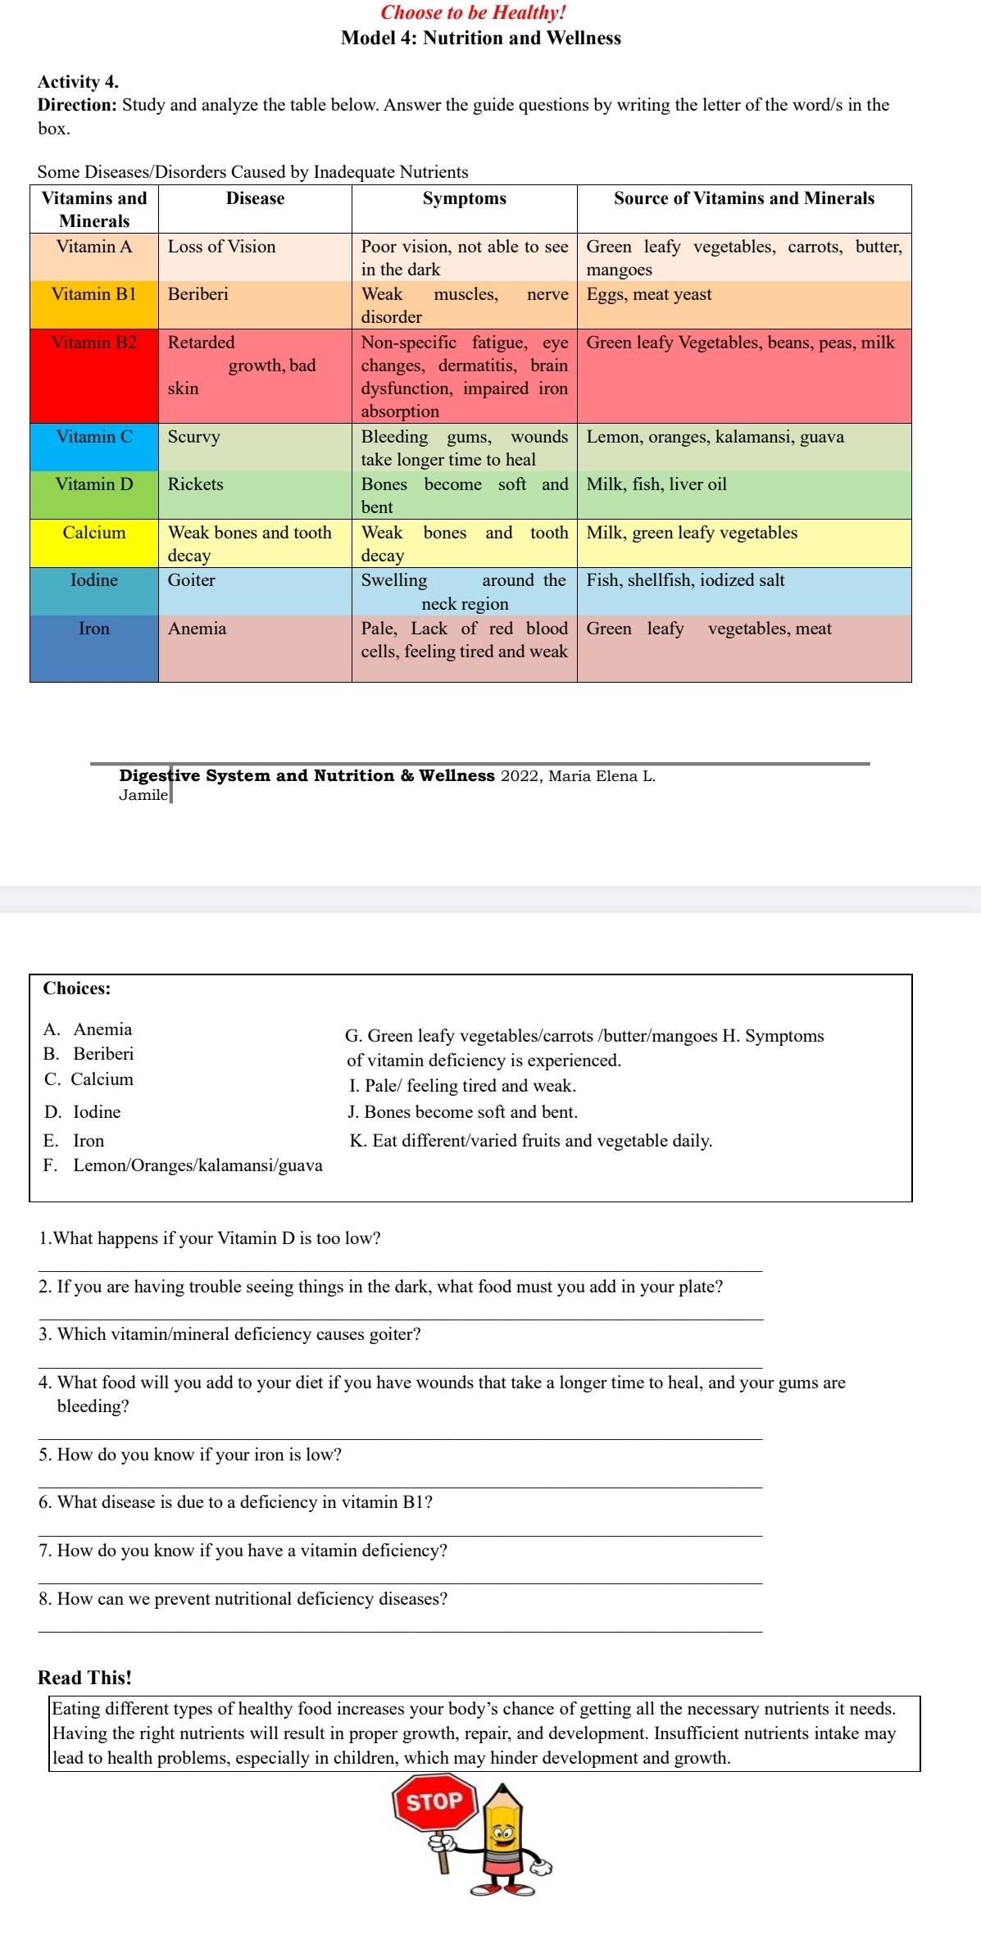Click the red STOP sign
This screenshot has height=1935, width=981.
[435, 1801]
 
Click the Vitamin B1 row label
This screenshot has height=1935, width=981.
[94, 295]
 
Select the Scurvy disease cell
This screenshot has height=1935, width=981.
[194, 437]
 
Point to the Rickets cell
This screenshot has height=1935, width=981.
[196, 484]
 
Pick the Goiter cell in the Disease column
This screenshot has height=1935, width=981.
[192, 580]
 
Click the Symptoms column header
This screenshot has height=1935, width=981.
[464, 198]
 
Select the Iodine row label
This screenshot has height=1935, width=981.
[94, 580]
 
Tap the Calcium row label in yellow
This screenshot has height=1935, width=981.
[94, 533]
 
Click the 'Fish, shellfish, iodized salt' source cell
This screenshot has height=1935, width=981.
[686, 580]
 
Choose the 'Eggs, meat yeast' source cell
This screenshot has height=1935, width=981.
[649, 295]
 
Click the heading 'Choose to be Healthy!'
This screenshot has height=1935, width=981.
[474, 13]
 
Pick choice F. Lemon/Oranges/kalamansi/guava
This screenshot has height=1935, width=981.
[183, 1165]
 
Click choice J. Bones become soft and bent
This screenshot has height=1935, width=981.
[463, 1112]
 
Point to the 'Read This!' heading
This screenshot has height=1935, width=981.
[85, 1678]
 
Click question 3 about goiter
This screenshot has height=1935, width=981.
[230, 1334]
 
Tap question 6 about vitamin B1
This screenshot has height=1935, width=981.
[236, 1502]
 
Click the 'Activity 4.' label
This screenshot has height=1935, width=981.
[78, 82]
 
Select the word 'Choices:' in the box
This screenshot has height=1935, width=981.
[77, 988]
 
